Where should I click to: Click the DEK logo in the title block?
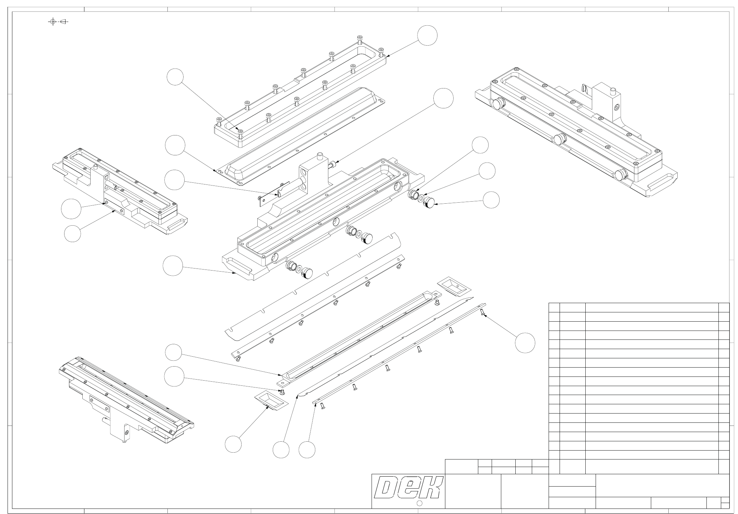click(x=408, y=487)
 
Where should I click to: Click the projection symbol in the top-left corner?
click(x=58, y=22)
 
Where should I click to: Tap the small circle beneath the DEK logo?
click(x=419, y=503)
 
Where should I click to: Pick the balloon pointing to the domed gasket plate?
click(x=175, y=145)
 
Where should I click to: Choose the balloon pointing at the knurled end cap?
click(x=491, y=200)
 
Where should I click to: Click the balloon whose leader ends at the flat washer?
click(x=487, y=171)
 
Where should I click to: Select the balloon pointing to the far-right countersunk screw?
click(x=525, y=343)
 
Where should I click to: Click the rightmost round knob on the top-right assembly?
click(x=620, y=175)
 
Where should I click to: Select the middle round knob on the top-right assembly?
click(x=560, y=139)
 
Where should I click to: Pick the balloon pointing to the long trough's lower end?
click(x=173, y=352)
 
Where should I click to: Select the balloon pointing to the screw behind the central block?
click(x=443, y=98)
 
